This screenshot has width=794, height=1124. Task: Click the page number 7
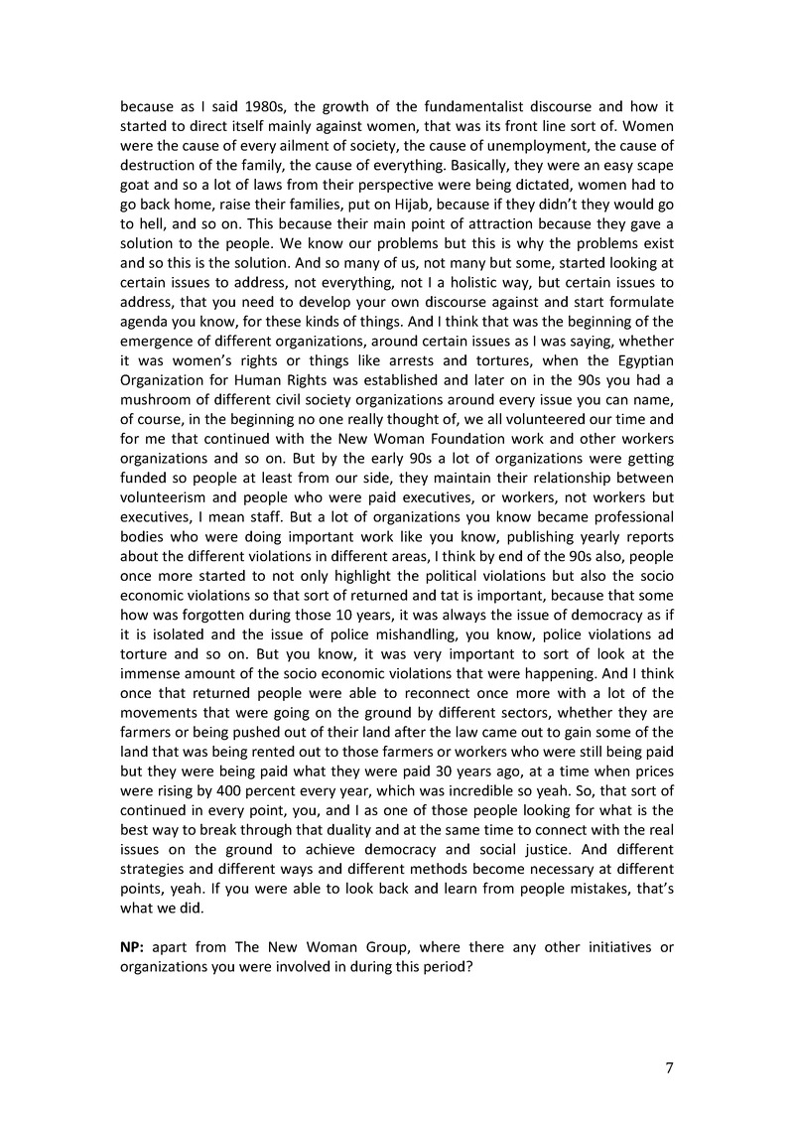(669, 1067)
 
